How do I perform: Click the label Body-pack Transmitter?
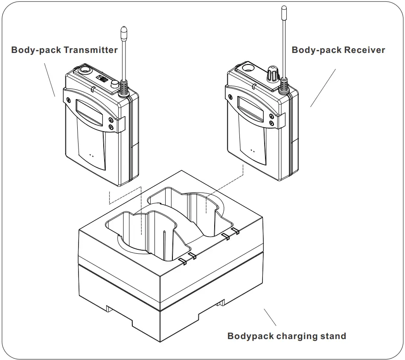tap(64, 50)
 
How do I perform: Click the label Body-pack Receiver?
tap(338, 50)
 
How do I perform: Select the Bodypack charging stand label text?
tap(286, 336)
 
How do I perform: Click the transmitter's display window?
tap(89, 112)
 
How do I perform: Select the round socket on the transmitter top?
tap(84, 69)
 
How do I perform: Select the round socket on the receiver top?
tap(248, 67)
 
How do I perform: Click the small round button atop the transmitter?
tap(114, 85)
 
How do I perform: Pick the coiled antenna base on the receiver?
tap(284, 85)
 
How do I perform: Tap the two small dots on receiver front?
tap(253, 151)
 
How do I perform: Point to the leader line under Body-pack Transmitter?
tap(50, 79)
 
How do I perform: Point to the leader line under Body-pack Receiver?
tap(323, 88)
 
